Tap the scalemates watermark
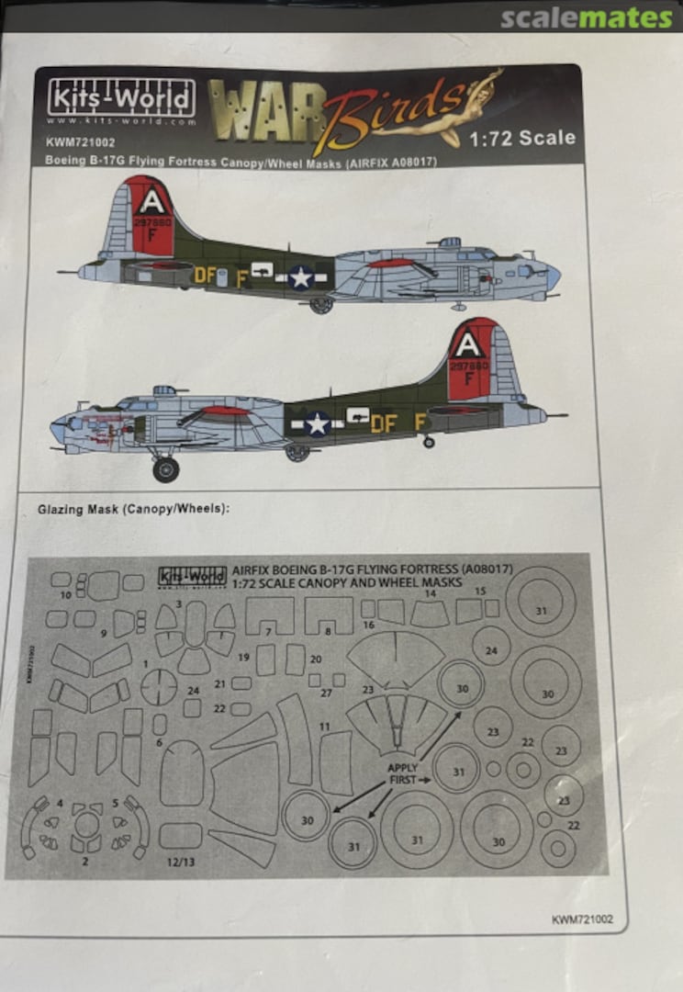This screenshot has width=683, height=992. (587, 17)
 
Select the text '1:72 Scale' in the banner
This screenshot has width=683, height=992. (522, 138)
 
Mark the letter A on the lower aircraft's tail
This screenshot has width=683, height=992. (469, 345)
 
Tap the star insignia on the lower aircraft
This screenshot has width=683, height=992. (317, 423)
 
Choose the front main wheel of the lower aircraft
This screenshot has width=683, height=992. (165, 469)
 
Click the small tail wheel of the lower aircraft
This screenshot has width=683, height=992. (428, 442)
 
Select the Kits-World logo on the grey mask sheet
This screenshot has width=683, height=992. (192, 577)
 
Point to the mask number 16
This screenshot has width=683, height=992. (368, 626)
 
